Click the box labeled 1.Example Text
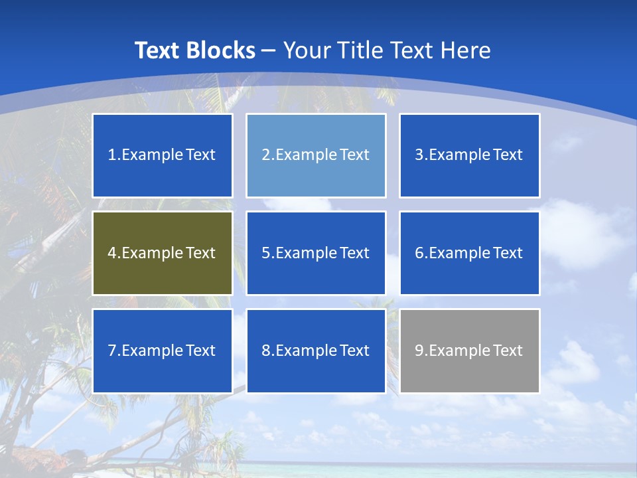pyautogui.click(x=163, y=155)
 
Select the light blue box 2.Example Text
pyautogui.click(x=316, y=155)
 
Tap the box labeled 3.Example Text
pyautogui.click(x=469, y=155)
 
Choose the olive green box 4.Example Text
pyautogui.click(x=163, y=253)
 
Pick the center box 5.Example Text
pyautogui.click(x=316, y=253)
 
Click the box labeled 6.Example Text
pyautogui.click(x=469, y=253)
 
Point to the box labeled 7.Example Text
pyautogui.click(x=163, y=351)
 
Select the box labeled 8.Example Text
pyautogui.click(x=316, y=351)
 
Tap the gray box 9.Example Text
pyautogui.click(x=469, y=351)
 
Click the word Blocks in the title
pyautogui.click(x=221, y=50)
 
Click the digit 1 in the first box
pyautogui.click(x=112, y=155)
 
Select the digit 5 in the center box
pyautogui.click(x=265, y=253)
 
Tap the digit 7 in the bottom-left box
pyautogui.click(x=112, y=351)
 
